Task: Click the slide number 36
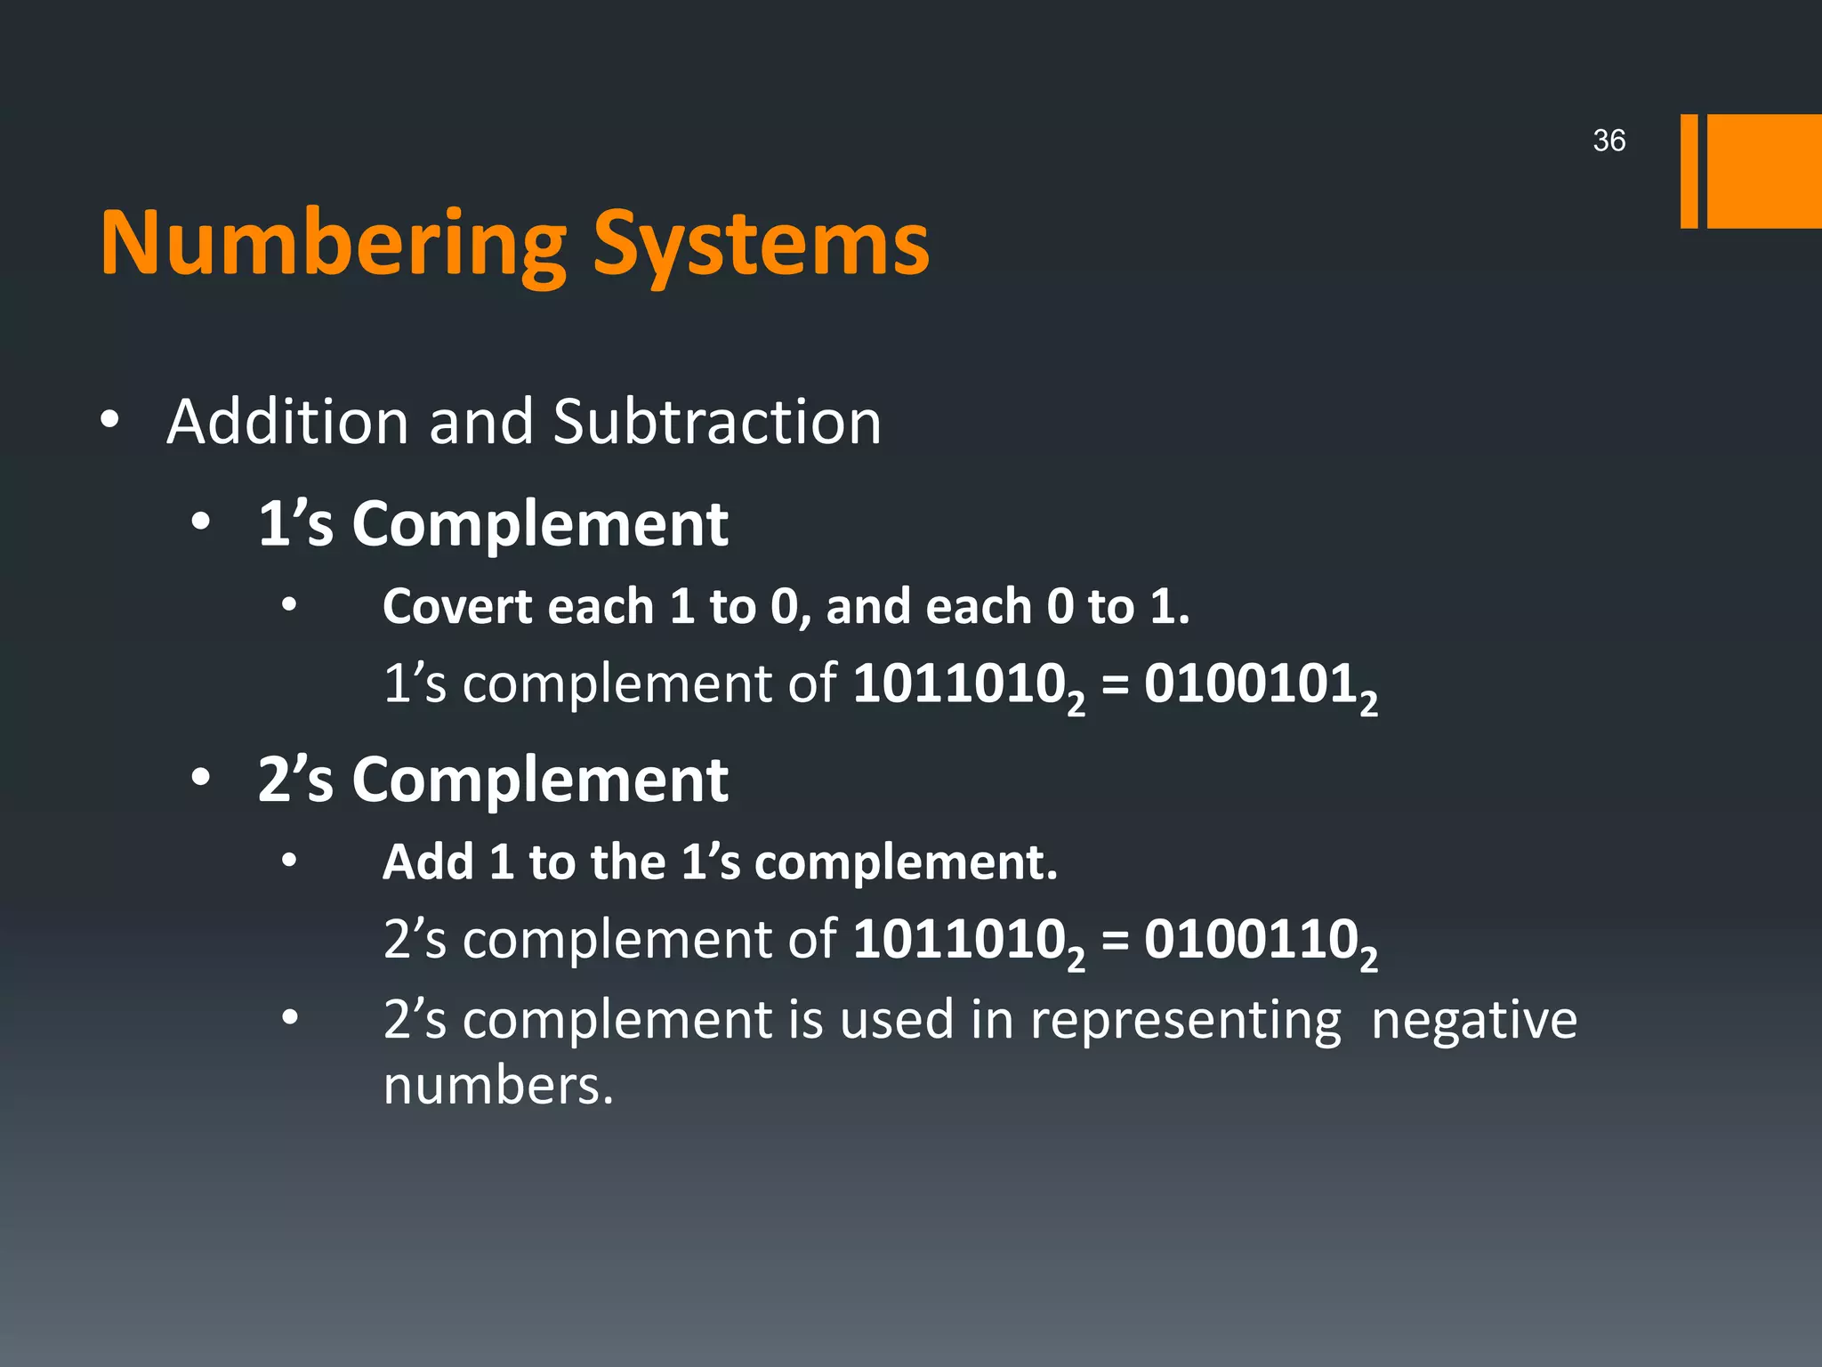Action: pos(1608,141)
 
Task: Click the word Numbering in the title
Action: pos(333,244)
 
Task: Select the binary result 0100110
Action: pos(1250,939)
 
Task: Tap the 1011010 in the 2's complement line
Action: pos(959,939)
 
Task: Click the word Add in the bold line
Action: pos(427,861)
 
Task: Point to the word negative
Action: pos(1473,1020)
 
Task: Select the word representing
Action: pos(1185,1020)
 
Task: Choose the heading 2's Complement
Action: pos(493,780)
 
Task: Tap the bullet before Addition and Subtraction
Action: pos(109,419)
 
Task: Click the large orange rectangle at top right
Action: pos(1763,171)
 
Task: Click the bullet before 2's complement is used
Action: pos(289,1017)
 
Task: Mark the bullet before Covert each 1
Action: pos(289,605)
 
